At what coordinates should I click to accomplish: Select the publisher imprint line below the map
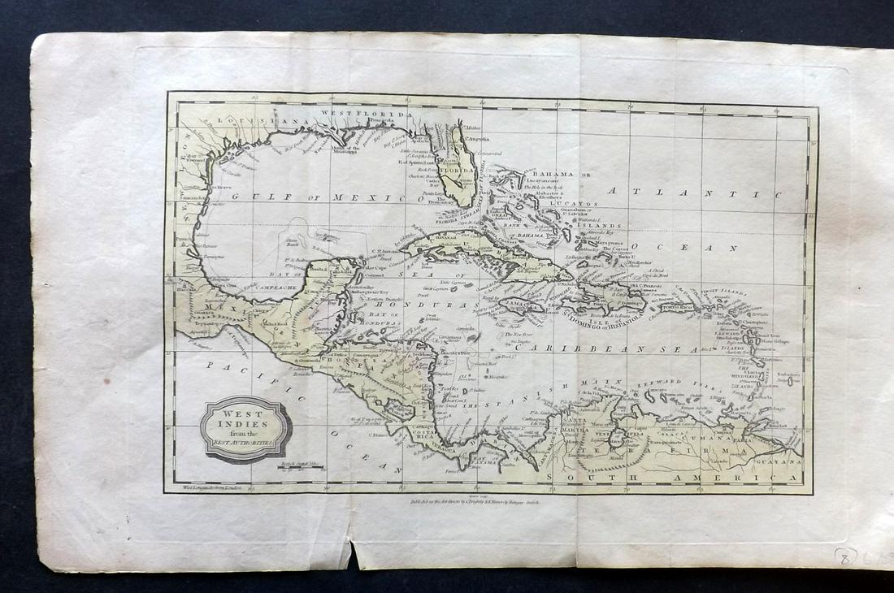487,504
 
